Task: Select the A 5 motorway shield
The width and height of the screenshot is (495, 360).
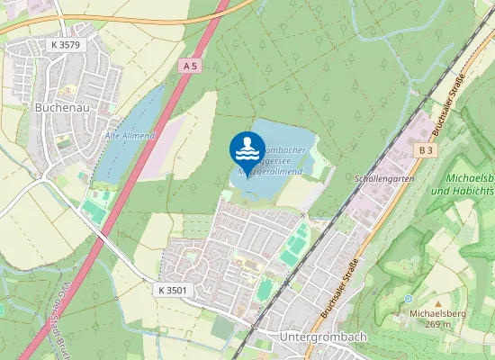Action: coord(189,67)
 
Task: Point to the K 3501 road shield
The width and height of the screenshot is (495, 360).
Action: coord(172,290)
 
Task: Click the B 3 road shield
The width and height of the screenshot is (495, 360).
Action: coord(424,151)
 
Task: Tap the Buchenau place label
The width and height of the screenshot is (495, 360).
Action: coord(60,106)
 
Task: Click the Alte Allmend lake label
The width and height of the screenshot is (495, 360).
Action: coord(130,135)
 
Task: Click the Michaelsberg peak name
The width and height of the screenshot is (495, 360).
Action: coord(436,313)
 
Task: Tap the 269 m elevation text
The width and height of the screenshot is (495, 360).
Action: coord(436,325)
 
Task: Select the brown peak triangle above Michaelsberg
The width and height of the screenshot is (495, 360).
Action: coord(436,302)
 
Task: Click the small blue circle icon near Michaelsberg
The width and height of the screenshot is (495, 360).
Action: coord(408,298)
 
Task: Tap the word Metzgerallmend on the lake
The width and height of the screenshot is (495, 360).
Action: coord(270,169)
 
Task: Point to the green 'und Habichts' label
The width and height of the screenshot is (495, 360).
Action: coord(463,192)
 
